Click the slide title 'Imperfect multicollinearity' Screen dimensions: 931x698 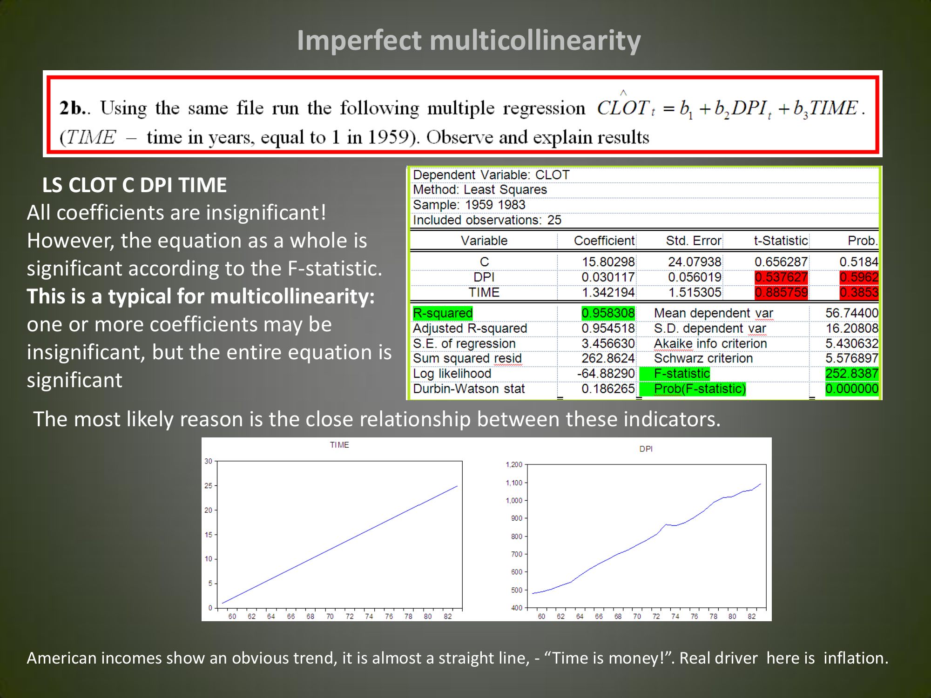[469, 40]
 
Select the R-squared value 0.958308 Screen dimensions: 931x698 [608, 313]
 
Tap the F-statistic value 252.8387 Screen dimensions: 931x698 [852, 374]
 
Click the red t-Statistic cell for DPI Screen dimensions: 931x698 [781, 277]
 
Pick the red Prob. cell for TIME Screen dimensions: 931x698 [859, 293]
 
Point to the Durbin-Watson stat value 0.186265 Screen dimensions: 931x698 [608, 389]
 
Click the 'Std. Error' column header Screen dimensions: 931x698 [694, 241]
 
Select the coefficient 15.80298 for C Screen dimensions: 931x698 [608, 262]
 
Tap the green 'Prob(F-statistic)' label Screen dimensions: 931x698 [700, 389]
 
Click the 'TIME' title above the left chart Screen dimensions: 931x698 [339, 445]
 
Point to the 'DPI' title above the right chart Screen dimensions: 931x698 [646, 449]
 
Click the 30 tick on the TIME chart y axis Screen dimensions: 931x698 [208, 461]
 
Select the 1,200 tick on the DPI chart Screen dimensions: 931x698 [514, 464]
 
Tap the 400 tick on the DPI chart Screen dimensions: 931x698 [517, 608]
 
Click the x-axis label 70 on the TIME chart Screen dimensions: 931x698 [330, 617]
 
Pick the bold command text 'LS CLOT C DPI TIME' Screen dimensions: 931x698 [135, 185]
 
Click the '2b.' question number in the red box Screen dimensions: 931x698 [72, 108]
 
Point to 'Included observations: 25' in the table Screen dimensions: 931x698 [487, 220]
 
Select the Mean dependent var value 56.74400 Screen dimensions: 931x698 [852, 313]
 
